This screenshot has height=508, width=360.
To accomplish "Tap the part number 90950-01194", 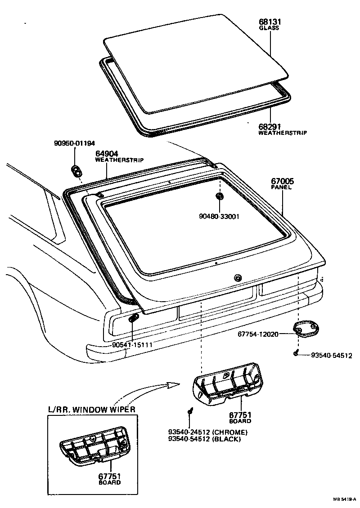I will coord(74,143).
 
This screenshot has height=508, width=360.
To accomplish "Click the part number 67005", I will coord(282,182).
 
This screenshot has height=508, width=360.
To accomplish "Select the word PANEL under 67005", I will coord(281,187).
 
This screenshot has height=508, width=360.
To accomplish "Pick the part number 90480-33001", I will coord(219,216).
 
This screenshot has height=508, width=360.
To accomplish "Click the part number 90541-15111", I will coord(133,344).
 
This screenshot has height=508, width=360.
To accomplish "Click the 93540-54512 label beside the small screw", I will coord(332,355).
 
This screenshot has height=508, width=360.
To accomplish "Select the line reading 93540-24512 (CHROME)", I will coord(207,432).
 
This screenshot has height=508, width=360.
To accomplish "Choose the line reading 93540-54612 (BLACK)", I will coord(204,439).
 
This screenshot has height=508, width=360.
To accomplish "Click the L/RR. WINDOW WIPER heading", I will coord(92,410).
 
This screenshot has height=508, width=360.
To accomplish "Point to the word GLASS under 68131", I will coord(269,28).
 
